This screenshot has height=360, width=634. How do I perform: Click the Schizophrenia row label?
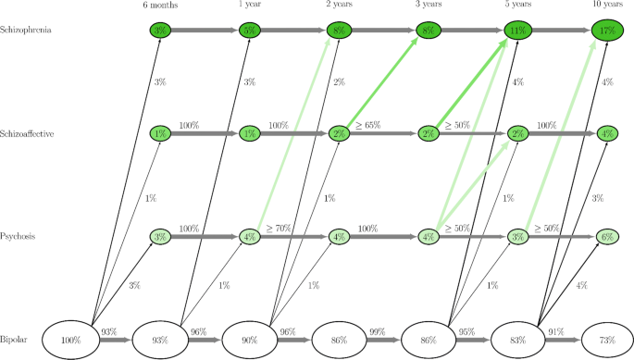pos(25,31)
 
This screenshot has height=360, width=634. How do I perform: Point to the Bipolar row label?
pos(16,340)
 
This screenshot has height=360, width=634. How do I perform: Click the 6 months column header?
pos(160,5)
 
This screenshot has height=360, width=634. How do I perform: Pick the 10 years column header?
pos(607,5)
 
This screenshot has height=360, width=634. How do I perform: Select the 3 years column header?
pos(429,5)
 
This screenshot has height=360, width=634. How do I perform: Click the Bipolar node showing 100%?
pos(70,340)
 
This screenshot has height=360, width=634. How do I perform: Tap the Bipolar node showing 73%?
pos(607,340)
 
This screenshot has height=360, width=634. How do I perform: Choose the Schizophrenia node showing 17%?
pos(607,31)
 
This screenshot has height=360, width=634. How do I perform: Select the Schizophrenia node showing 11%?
pos(517,31)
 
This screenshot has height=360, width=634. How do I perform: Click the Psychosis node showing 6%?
pos(607,237)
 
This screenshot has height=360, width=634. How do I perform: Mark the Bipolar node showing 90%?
pos(250,340)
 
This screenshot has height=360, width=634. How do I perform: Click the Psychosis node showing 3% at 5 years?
pos(517,237)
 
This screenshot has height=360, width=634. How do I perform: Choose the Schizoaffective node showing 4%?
pos(607,133)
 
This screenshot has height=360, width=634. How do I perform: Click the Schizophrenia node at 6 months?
pos(160,31)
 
